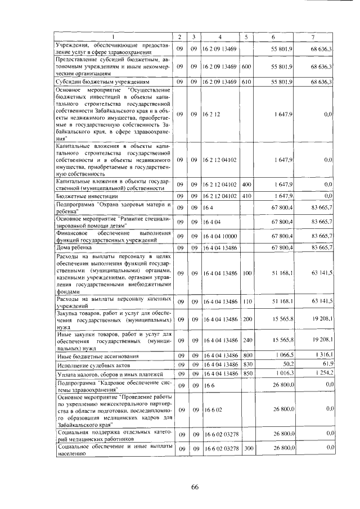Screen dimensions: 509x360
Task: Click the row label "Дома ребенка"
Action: (x=73, y=247)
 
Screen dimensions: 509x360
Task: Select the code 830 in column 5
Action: (x=246, y=364)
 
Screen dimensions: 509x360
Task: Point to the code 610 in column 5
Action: (x=246, y=82)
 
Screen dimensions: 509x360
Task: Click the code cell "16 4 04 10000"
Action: (x=220, y=236)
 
